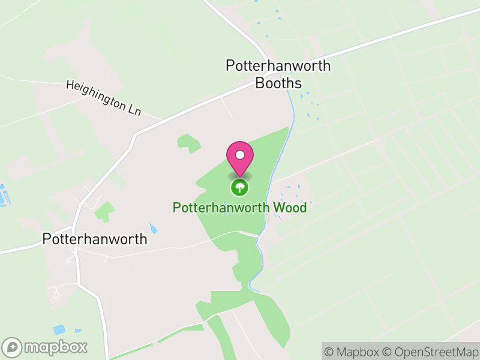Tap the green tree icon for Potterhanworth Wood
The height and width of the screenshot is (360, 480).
point(239,188)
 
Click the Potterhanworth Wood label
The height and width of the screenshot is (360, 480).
point(239,208)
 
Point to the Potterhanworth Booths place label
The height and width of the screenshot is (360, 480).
point(278,74)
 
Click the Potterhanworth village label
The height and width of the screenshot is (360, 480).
point(95,239)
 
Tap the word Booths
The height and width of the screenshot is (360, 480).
point(278,83)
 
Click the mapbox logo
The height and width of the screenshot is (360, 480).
point(46,347)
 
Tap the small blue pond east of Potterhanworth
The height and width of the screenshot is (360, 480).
point(154,229)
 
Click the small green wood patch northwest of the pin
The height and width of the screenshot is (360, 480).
point(189,143)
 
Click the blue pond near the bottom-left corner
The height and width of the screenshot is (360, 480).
point(59,329)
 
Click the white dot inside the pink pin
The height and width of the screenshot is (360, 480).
point(239,155)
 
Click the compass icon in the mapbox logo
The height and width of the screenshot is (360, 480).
point(13,347)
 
